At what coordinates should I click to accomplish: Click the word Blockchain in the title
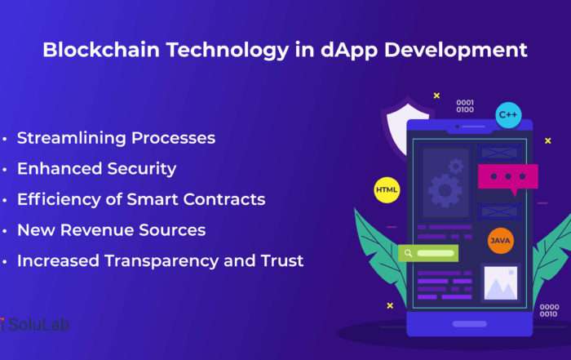[x=101, y=50]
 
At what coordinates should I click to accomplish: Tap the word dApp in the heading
[x=349, y=51]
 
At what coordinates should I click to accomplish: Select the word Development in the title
[x=455, y=51]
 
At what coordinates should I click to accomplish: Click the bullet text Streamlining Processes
[x=116, y=138]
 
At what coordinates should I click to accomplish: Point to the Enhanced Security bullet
[x=96, y=169]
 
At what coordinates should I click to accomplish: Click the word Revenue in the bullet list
[x=97, y=230]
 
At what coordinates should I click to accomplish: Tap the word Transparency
[x=162, y=261]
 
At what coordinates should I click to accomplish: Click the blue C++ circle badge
[x=508, y=115]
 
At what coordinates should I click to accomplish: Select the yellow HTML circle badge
[x=387, y=190]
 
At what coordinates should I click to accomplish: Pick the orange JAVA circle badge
[x=501, y=241]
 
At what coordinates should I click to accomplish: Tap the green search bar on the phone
[x=428, y=253]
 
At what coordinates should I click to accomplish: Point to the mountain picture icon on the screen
[x=501, y=282]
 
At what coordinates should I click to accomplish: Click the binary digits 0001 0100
[x=465, y=106]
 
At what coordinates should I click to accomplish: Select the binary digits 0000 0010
[x=549, y=310]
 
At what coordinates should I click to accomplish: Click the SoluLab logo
[x=34, y=324]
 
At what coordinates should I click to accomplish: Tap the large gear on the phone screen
[x=445, y=190]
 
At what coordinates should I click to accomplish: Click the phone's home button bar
[x=469, y=324]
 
